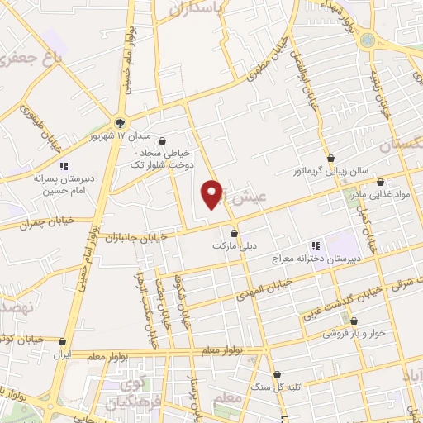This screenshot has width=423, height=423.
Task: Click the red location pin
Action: pyautogui.click(x=212, y=192)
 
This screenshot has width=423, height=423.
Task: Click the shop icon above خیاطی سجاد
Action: pyautogui.click(x=161, y=140)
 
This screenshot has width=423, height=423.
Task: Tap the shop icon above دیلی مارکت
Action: pyautogui.click(x=235, y=232)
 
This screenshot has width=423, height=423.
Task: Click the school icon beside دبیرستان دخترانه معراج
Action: pyautogui.click(x=315, y=245)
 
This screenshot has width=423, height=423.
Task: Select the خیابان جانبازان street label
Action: pyautogui.click(x=136, y=237)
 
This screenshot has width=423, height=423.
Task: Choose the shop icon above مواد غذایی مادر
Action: pyautogui.click(x=379, y=182)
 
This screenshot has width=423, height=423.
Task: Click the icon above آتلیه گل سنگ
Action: pyautogui.click(x=277, y=374)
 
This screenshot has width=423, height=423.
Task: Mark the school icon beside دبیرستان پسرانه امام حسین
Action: pyautogui.click(x=64, y=165)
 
